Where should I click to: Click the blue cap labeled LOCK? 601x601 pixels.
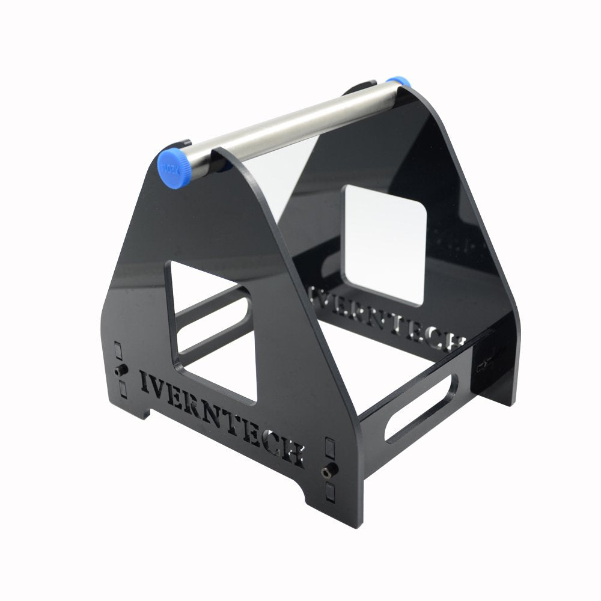click(170, 166)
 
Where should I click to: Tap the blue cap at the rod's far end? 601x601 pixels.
click(397, 81)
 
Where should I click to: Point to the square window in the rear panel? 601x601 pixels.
click(385, 243)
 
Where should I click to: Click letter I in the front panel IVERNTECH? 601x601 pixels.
click(145, 381)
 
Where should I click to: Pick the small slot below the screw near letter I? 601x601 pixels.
click(123, 389)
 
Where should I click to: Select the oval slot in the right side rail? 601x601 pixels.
click(421, 408)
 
